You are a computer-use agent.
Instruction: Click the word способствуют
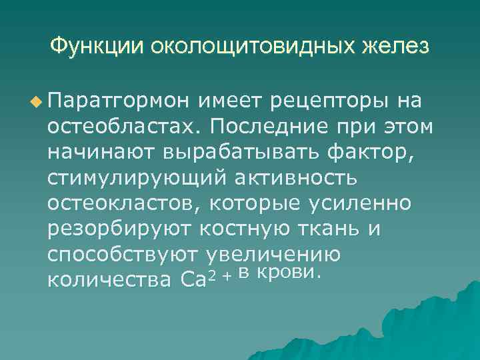(125, 255)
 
